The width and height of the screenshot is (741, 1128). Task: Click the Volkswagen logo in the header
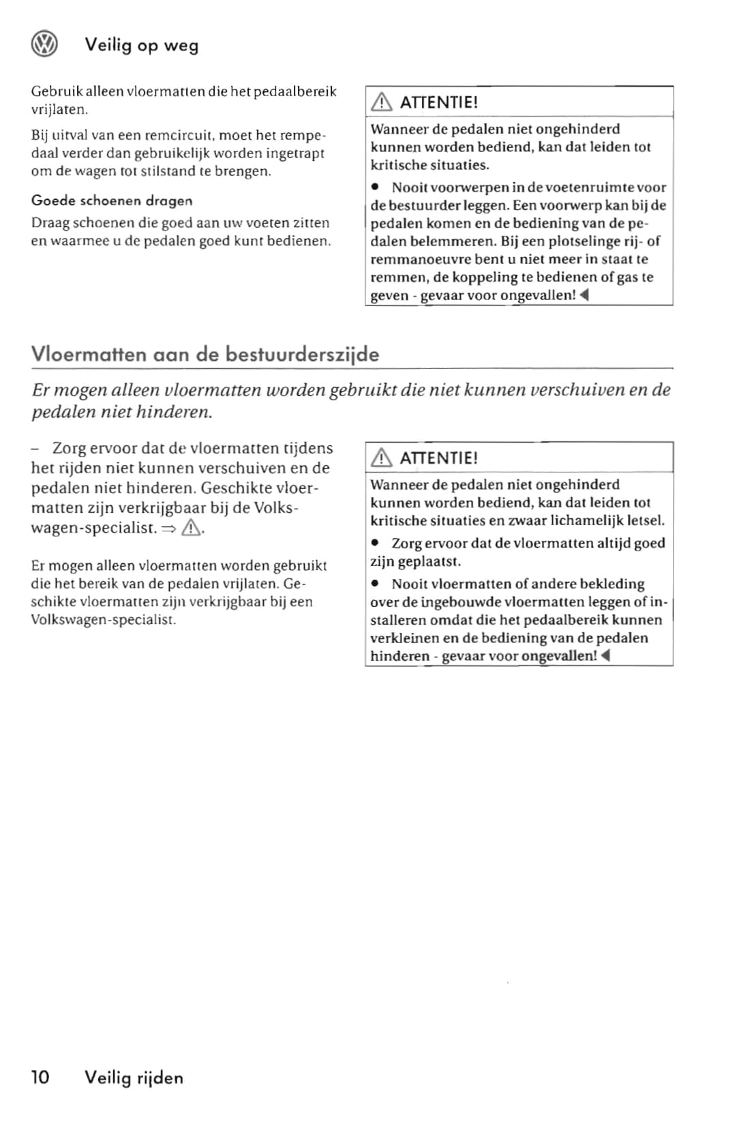click(44, 44)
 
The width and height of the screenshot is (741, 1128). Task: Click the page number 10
click(40, 1078)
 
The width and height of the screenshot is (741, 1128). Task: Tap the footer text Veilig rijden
click(134, 1078)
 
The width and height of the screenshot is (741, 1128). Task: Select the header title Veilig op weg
click(141, 45)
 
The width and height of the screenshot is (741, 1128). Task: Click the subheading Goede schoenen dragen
click(112, 201)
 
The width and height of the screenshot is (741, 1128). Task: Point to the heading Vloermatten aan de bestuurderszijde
click(205, 354)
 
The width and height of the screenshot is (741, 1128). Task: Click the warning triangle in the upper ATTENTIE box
click(381, 102)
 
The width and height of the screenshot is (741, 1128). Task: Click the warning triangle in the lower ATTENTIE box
click(381, 458)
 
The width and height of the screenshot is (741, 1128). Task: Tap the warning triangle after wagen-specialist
click(192, 528)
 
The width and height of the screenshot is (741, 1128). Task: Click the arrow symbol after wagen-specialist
click(169, 529)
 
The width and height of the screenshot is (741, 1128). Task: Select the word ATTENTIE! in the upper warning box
click(438, 102)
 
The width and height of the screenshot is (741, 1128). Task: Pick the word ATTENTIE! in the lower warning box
click(438, 458)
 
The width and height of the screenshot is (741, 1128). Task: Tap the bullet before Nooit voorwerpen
click(375, 187)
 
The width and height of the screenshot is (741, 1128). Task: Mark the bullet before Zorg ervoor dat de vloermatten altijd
click(375, 544)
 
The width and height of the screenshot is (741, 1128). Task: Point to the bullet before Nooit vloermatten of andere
click(375, 584)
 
